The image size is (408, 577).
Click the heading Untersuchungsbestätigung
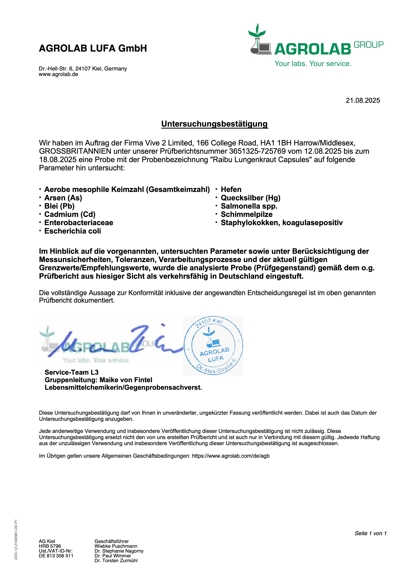pos(215,124)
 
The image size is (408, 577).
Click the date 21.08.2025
pos(362,101)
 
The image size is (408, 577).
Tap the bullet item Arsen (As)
pos(63,198)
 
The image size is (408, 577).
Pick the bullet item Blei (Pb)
pos(59,206)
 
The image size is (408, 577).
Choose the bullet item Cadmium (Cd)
pos(70,214)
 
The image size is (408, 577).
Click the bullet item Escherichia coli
pos(72,231)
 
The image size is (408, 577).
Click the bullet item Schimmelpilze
pos(247,214)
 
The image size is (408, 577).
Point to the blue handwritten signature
pos(111,342)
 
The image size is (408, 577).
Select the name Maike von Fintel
pos(126,380)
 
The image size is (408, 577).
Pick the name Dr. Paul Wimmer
pos(113,556)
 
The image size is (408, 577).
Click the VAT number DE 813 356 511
pos(56,556)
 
